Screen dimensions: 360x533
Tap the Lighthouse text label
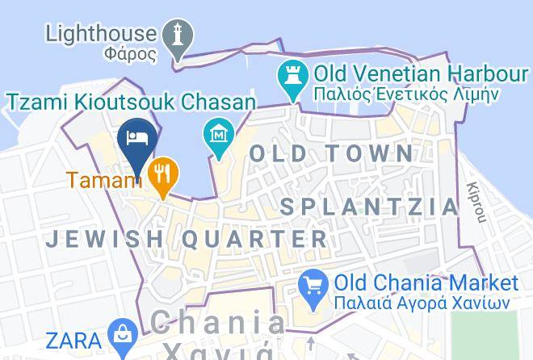coord(101,34)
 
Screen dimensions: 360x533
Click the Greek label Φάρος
coord(129,56)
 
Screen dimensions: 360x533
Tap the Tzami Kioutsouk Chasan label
coord(132,102)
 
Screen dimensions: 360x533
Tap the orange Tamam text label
coord(104,179)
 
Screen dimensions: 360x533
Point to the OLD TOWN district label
coord(331,153)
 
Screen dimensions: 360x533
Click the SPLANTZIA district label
coord(369,206)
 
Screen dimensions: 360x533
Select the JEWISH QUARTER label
coord(187,239)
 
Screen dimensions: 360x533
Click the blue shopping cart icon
coord(312,285)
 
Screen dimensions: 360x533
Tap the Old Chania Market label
coord(426,283)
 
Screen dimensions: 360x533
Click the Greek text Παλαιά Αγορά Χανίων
coord(422,303)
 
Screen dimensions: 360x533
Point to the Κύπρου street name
coord(476,202)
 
